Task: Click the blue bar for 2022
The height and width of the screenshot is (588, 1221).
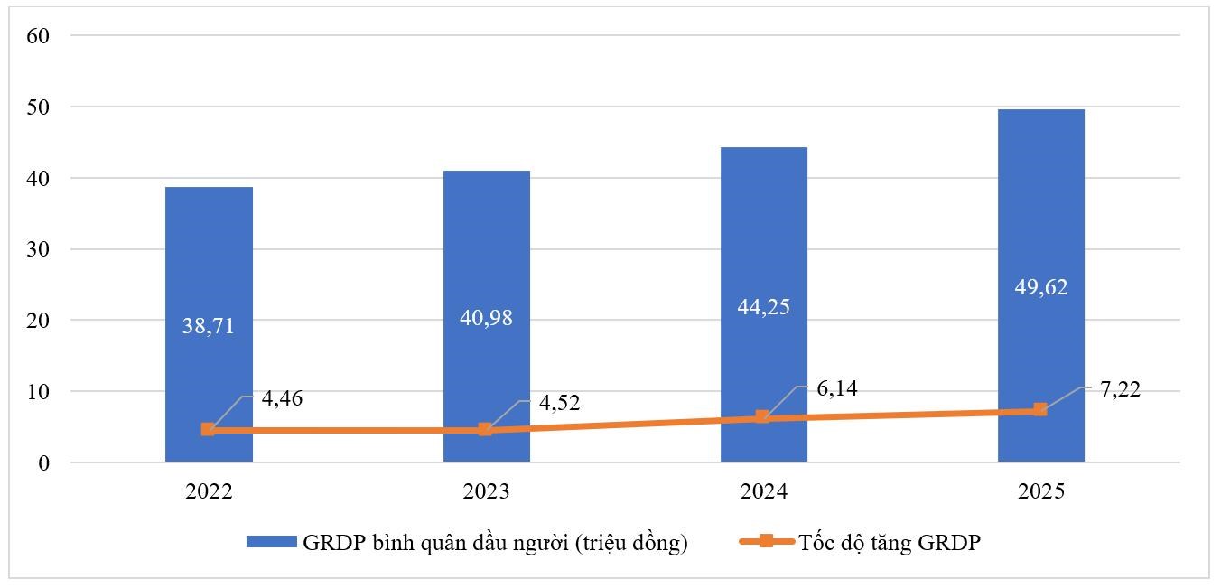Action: (209, 324)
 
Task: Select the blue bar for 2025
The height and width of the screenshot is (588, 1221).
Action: (1041, 285)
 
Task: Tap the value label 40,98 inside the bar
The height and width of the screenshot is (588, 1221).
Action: (486, 318)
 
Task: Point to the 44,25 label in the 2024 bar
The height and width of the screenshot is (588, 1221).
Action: (764, 307)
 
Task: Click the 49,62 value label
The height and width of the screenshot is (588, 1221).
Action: (1041, 287)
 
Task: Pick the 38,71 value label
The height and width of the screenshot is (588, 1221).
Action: (209, 326)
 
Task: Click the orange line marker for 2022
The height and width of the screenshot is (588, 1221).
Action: (208, 429)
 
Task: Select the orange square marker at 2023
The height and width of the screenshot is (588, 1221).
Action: (485, 429)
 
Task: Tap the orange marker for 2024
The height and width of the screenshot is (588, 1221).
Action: (762, 417)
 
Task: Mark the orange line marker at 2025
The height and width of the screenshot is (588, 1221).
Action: (1040, 409)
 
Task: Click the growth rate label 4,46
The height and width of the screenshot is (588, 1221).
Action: (282, 398)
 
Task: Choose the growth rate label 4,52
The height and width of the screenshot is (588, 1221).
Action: (559, 403)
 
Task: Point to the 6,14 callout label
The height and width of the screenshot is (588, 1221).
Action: (837, 388)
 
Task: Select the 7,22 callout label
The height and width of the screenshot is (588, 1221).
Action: (1121, 389)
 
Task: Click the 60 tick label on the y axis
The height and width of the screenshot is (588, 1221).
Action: (38, 36)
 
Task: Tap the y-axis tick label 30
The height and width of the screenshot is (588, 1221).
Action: (38, 249)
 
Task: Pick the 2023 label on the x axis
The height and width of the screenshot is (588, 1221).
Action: (486, 491)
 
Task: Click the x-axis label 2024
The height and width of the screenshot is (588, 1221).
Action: (764, 491)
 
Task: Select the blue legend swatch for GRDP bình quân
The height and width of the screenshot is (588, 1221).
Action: (272, 542)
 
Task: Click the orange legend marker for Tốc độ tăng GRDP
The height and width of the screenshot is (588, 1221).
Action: (767, 541)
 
